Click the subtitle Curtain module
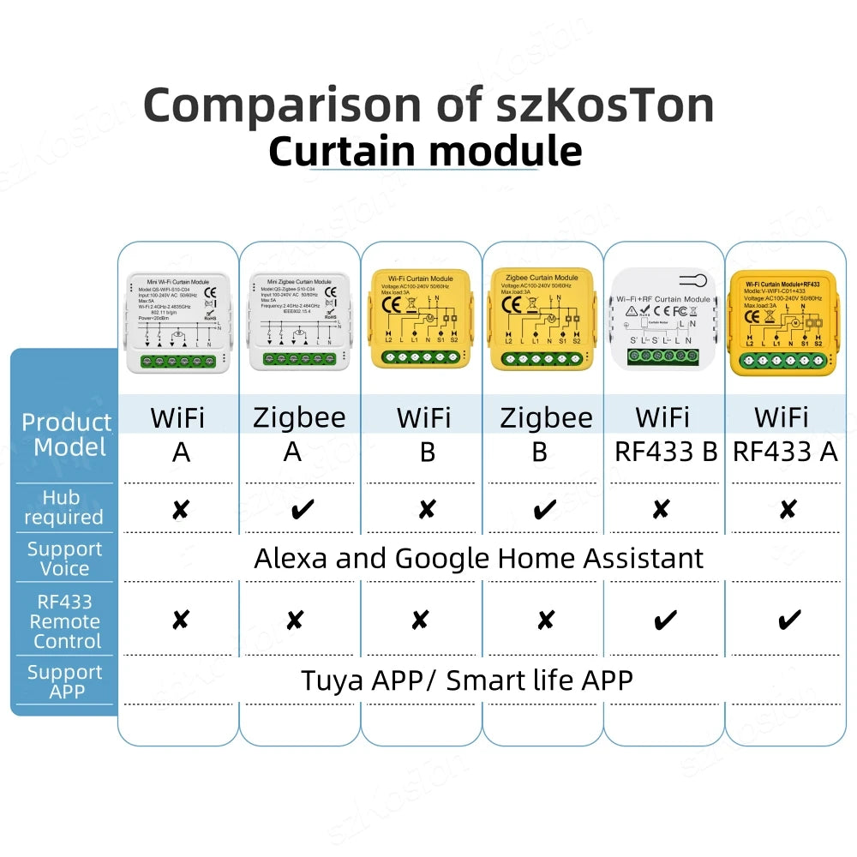(x=425, y=152)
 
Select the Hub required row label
(x=63, y=507)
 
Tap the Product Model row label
(x=67, y=434)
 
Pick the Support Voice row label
(x=64, y=558)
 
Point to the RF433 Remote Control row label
(x=65, y=621)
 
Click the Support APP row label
(x=64, y=680)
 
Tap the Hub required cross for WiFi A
(x=180, y=510)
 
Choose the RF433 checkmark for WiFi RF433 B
(x=664, y=620)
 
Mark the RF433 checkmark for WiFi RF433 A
(x=788, y=619)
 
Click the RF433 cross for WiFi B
(x=420, y=620)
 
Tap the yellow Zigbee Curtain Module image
(x=542, y=321)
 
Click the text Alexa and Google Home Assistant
(x=478, y=558)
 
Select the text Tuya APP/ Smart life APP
(x=467, y=680)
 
